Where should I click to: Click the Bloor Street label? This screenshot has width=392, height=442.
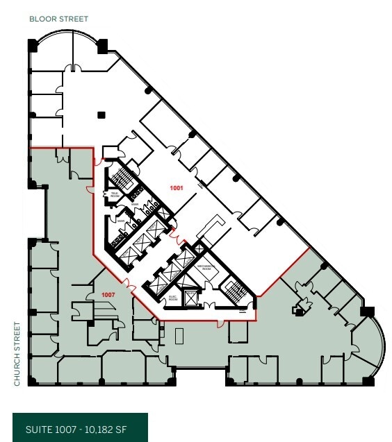pyautogui.click(x=58, y=19)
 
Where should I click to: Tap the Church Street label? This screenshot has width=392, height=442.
pyautogui.click(x=17, y=352)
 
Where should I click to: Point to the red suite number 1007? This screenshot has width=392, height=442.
pyautogui.click(x=108, y=294)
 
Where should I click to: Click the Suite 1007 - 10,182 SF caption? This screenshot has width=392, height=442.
pyautogui.click(x=80, y=430)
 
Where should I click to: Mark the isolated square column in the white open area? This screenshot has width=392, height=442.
pyautogui.click(x=101, y=114)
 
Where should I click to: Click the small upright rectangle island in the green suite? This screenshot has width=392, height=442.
pyautogui.click(x=180, y=336)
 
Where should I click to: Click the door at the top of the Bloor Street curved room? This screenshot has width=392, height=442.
pyautogui.click(x=72, y=68)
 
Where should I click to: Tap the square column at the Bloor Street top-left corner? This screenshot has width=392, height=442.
pyautogui.click(x=33, y=45)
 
